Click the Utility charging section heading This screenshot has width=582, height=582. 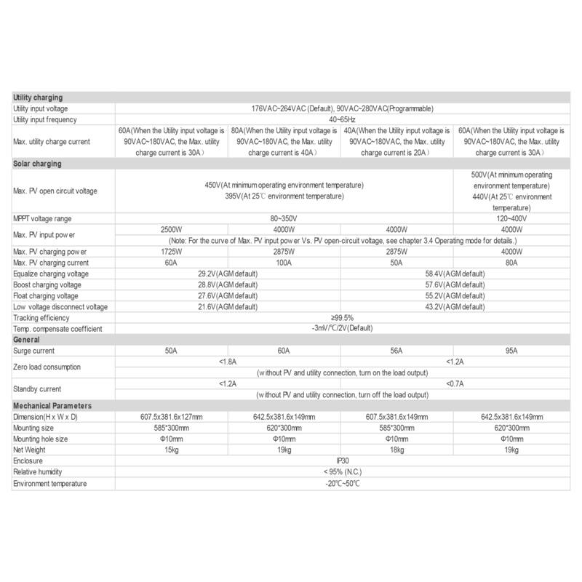pyautogui.click(x=38, y=97)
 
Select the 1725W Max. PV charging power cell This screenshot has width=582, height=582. pyautogui.click(x=172, y=252)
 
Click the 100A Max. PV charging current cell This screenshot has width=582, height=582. pyautogui.click(x=284, y=263)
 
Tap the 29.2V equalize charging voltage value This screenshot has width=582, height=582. pyautogui.click(x=228, y=274)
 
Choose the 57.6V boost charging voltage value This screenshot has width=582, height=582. pyautogui.click(x=455, y=284)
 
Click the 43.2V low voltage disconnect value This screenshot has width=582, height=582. pyautogui.click(x=455, y=307)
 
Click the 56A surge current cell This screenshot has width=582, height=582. pyautogui.click(x=398, y=351)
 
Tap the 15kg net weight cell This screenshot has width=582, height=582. pyautogui.click(x=172, y=450)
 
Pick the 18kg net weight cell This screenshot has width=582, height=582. pyautogui.click(x=398, y=450)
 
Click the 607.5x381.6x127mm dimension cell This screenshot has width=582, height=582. pyautogui.click(x=172, y=417)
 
